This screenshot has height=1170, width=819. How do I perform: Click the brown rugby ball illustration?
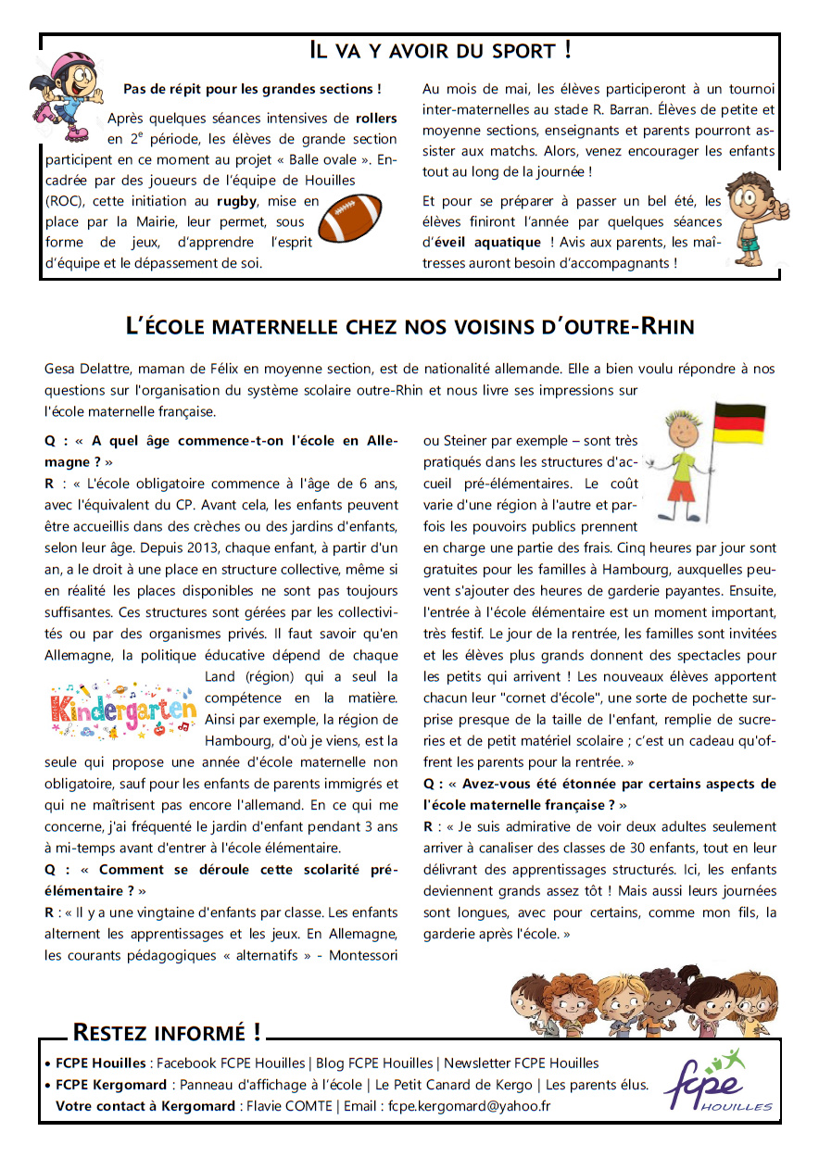tap(349, 218)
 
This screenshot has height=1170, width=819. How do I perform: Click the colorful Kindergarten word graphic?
tap(122, 709)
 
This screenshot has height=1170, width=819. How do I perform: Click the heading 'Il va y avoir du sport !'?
tap(440, 50)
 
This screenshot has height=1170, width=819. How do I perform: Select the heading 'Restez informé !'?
tap(166, 1032)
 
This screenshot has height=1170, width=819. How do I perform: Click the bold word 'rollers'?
tap(375, 119)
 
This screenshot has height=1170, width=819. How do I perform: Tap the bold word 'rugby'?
tap(237, 201)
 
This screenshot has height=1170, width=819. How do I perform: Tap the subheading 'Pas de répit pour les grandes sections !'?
tap(252, 90)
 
